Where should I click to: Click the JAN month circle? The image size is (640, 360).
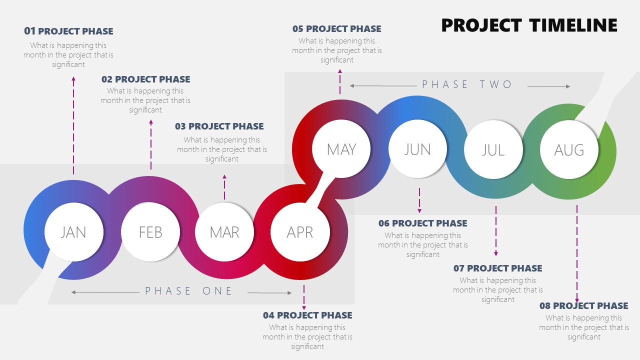pyautogui.click(x=73, y=232)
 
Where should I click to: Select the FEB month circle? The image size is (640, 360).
pyautogui.click(x=150, y=232)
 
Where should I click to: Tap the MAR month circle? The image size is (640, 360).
pyautogui.click(x=224, y=232)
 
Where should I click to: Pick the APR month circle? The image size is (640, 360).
pyautogui.click(x=299, y=232)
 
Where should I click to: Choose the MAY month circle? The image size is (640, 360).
pyautogui.click(x=341, y=149)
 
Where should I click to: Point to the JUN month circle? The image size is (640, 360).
pyautogui.click(x=417, y=149)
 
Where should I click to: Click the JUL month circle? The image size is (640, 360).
pyautogui.click(x=493, y=149)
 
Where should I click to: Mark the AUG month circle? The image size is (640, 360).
pyautogui.click(x=569, y=149)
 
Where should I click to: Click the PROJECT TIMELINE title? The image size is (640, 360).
pyautogui.click(x=529, y=25)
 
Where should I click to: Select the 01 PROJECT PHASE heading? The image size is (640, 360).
pyautogui.click(x=68, y=31)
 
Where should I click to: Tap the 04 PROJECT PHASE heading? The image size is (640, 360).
pyautogui.click(x=307, y=315)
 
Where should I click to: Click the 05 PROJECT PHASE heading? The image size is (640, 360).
pyautogui.click(x=336, y=29)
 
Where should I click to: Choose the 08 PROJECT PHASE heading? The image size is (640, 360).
pyautogui.click(x=583, y=305)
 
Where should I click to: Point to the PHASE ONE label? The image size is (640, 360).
pyautogui.click(x=189, y=291)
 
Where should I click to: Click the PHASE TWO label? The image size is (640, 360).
pyautogui.click(x=467, y=84)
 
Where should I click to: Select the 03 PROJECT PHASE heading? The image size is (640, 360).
pyautogui.click(x=219, y=126)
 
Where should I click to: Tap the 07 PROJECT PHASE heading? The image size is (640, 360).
pyautogui.click(x=497, y=268)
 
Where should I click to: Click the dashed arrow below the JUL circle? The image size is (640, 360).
pyautogui.click(x=496, y=230)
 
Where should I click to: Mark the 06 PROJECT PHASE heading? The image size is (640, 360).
pyautogui.click(x=422, y=223)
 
